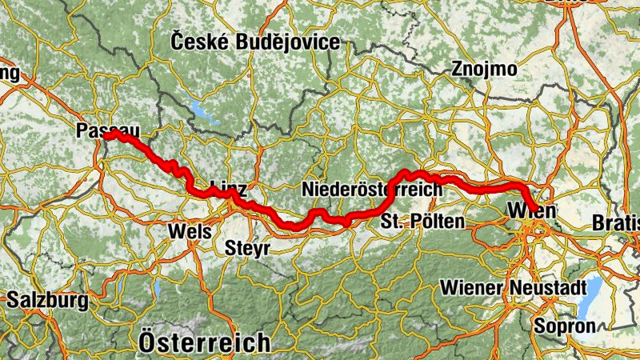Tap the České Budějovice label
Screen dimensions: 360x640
click(255, 42)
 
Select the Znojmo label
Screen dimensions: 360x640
click(484, 69)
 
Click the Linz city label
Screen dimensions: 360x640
click(229, 189)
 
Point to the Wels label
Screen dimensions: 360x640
click(190, 231)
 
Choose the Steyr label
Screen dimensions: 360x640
click(248, 247)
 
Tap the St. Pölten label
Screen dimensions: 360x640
click(422, 221)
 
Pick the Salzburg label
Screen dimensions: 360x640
click(47, 302)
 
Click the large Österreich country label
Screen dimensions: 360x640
click(204, 342)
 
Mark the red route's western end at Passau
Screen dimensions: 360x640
click(106, 134)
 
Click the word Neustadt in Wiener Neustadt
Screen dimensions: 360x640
click(538, 286)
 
